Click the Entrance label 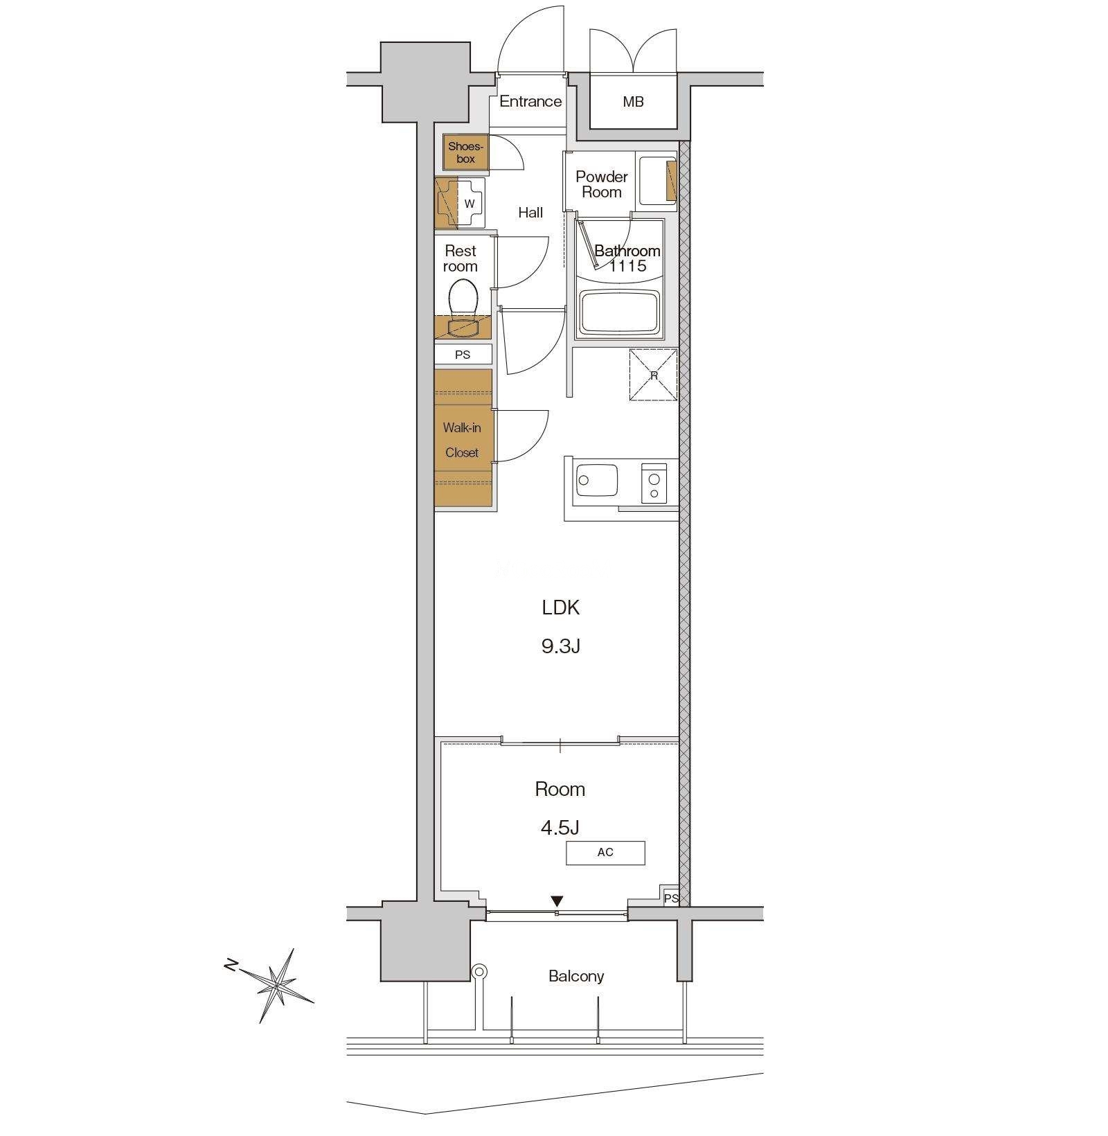pyautogui.click(x=530, y=101)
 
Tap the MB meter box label pyautogui.click(x=633, y=102)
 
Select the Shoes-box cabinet pyautogui.click(x=466, y=152)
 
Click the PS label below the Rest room pyautogui.click(x=463, y=355)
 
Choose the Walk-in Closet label pyautogui.click(x=462, y=440)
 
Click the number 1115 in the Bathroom pyautogui.click(x=627, y=266)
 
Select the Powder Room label pyautogui.click(x=602, y=184)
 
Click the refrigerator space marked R pyautogui.click(x=653, y=375)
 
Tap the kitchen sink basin pyautogui.click(x=597, y=480)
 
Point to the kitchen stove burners pyautogui.click(x=653, y=483)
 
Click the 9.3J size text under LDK pyautogui.click(x=560, y=646)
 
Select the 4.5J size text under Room pyautogui.click(x=560, y=827)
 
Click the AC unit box pyautogui.click(x=605, y=853)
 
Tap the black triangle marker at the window pyautogui.click(x=557, y=901)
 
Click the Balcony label pyautogui.click(x=576, y=976)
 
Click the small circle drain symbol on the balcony pyautogui.click(x=479, y=972)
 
